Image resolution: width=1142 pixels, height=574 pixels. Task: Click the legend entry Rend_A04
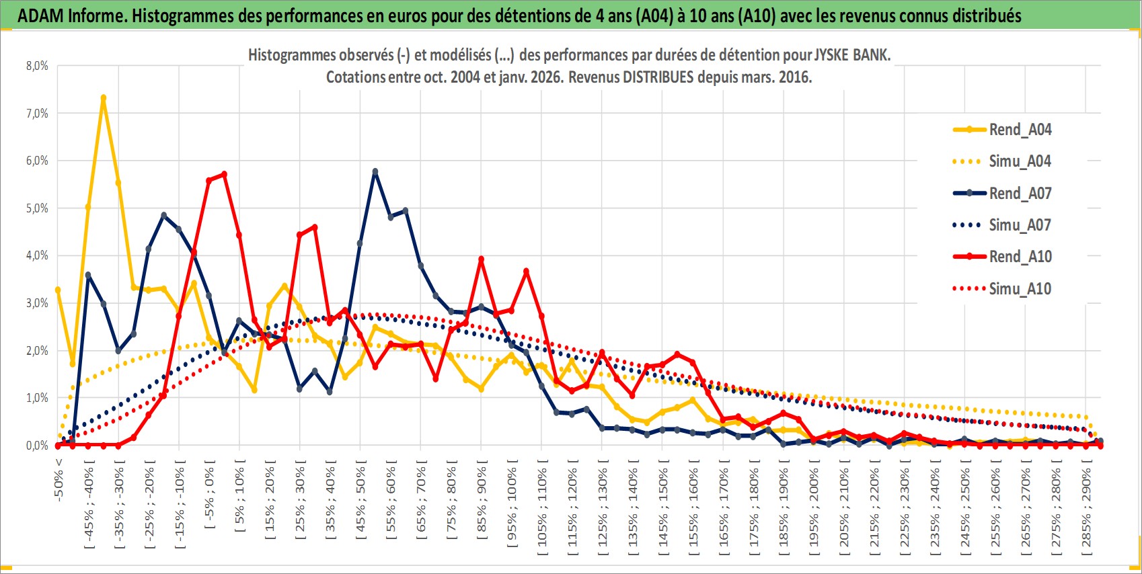(1020, 130)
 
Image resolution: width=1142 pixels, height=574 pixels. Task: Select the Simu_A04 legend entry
(1020, 161)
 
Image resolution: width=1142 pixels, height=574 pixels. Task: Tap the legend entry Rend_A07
(1020, 194)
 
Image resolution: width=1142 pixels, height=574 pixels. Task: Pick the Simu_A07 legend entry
(1020, 225)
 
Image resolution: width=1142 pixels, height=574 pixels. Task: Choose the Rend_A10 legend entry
(1020, 257)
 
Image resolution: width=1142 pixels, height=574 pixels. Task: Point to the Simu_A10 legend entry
(1020, 289)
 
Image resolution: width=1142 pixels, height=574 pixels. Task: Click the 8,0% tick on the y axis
(38, 66)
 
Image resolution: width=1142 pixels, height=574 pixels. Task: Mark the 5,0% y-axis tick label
(38, 208)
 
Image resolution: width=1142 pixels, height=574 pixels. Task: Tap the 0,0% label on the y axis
(38, 446)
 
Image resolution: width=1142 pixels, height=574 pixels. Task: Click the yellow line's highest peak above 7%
(104, 97)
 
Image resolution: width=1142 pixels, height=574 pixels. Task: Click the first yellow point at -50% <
(58, 290)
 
